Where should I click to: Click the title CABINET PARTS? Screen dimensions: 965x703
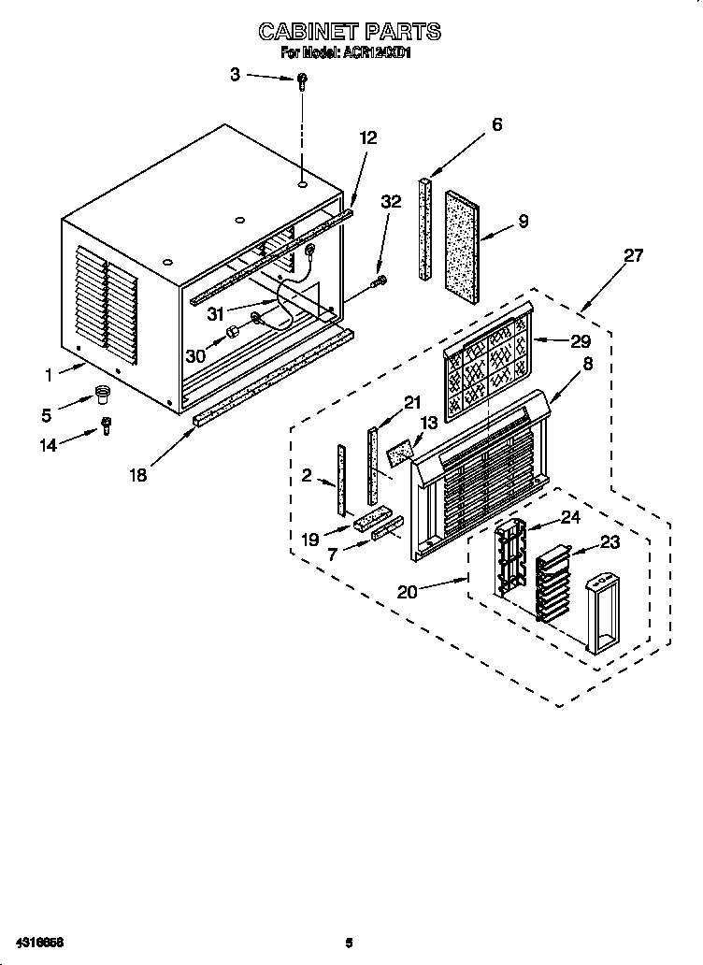pos(349,32)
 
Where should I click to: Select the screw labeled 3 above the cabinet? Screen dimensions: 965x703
pos(302,82)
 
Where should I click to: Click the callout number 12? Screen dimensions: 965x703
pos(367,137)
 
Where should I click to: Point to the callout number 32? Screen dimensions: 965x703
pos(391,201)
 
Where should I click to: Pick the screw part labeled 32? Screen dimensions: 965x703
pos(380,280)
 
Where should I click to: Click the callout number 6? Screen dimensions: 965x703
pos(496,123)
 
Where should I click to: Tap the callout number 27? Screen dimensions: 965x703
pos(634,255)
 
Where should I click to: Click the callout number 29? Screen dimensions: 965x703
pos(581,341)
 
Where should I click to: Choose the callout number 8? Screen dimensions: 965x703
pos(587,366)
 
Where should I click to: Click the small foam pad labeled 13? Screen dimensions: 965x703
pos(400,454)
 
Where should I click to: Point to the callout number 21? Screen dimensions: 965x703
pos(413,402)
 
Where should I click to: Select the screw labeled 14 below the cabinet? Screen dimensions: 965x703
pos(106,425)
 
